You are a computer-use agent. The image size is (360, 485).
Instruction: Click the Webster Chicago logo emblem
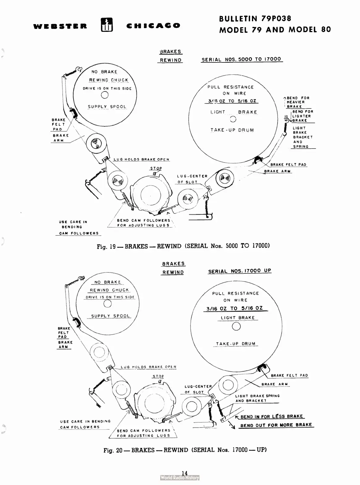107,25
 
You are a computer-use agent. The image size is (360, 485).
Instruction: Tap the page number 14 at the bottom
185,473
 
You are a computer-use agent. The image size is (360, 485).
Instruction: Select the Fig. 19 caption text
183,246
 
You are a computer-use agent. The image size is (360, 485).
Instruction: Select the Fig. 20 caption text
185,450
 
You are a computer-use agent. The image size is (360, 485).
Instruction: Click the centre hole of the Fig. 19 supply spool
105,95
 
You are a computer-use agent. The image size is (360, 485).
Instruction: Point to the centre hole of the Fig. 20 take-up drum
236,327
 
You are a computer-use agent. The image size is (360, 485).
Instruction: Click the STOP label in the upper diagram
156,169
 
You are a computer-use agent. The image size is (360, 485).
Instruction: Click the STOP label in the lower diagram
158,376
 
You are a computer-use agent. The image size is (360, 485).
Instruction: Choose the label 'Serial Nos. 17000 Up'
240,271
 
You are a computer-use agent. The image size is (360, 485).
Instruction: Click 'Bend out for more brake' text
276,425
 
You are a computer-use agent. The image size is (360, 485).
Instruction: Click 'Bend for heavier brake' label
297,102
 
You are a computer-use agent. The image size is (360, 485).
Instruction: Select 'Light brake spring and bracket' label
257,398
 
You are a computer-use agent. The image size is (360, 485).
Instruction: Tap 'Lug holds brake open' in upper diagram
141,159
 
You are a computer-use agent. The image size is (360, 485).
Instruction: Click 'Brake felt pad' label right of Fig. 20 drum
289,375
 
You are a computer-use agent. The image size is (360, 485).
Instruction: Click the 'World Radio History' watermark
180,478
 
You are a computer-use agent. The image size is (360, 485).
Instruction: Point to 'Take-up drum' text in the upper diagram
232,130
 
